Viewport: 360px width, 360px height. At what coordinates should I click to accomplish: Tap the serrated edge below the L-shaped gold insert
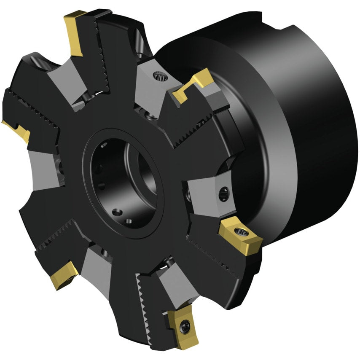(x=190, y=126)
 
